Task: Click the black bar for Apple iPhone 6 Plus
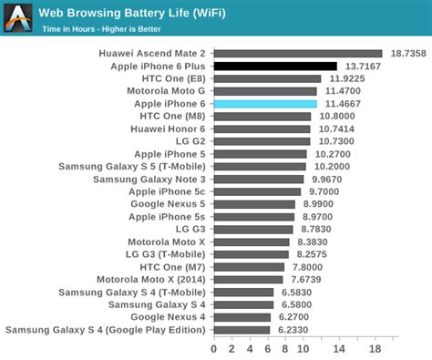tap(275, 67)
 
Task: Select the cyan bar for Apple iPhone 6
tap(265, 104)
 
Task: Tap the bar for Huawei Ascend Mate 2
tap(298, 54)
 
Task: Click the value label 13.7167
tap(361, 67)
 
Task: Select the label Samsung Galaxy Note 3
tap(149, 180)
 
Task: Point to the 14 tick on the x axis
tap(340, 349)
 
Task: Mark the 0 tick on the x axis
tap(214, 349)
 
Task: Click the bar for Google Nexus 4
tap(242, 317)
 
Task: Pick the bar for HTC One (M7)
tap(249, 267)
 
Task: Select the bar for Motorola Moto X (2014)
tap(249, 280)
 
